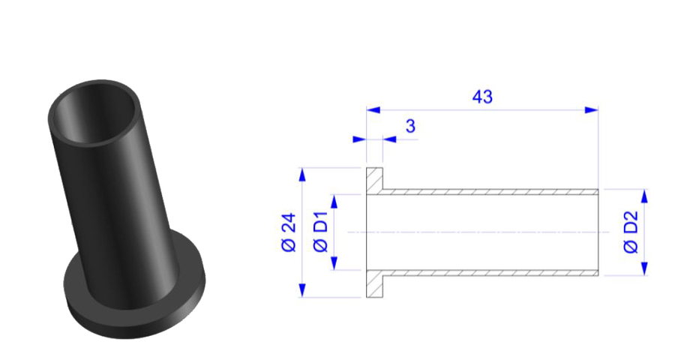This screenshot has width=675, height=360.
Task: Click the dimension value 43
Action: [482, 97]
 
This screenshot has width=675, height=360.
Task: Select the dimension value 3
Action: [410, 126]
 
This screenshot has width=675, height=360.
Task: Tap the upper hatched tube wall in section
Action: [487, 192]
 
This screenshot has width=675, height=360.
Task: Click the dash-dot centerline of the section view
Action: [480, 232]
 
